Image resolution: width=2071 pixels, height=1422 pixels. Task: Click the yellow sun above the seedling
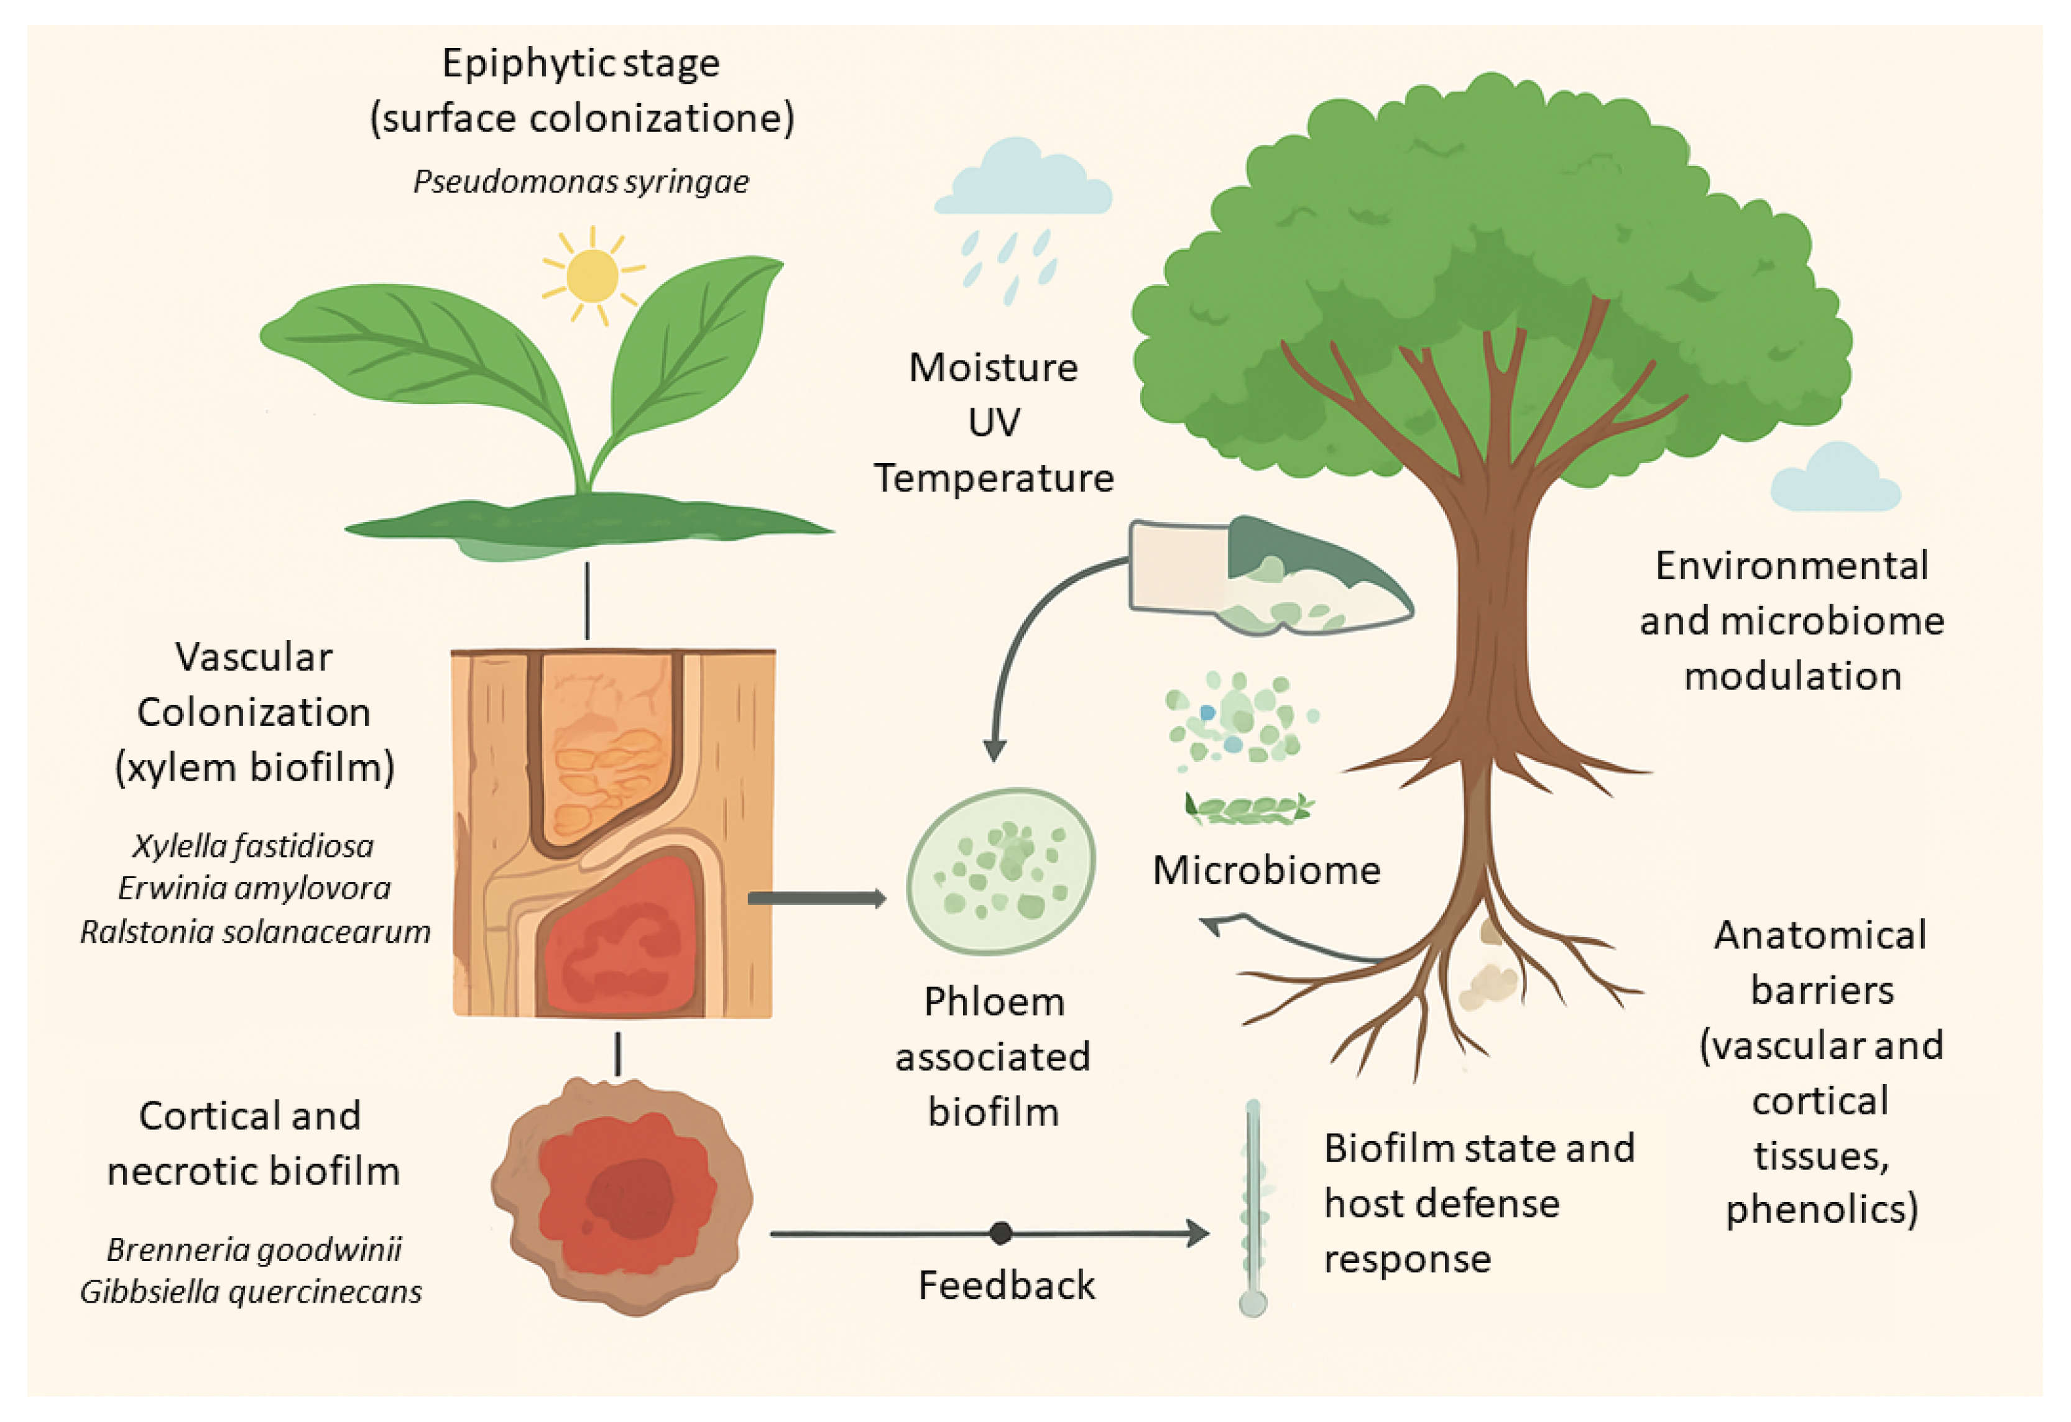[592, 276]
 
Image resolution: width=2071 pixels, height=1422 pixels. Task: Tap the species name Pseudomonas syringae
[581, 181]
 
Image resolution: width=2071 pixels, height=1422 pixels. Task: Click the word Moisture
[993, 368]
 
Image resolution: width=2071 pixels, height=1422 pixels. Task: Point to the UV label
[994, 423]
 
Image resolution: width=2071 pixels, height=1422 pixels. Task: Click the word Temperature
[994, 479]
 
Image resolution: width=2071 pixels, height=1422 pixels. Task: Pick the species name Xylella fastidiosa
[253, 845]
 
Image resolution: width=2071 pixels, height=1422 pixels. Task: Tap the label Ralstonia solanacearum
[255, 932]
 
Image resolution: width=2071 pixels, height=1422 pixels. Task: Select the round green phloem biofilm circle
[1001, 871]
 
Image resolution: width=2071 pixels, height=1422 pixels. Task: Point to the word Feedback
[1006, 1286]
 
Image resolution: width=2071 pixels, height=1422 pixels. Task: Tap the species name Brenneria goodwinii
[254, 1250]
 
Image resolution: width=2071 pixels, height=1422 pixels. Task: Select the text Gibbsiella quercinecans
[251, 1292]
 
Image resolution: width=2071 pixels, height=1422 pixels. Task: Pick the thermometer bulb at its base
[1252, 1305]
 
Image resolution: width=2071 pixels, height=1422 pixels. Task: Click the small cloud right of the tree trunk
[1834, 481]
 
